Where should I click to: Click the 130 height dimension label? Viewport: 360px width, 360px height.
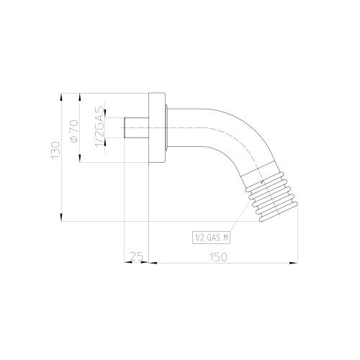click(x=55, y=150)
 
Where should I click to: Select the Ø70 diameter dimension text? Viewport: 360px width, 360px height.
click(x=73, y=131)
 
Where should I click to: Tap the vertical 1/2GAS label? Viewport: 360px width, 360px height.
click(x=100, y=127)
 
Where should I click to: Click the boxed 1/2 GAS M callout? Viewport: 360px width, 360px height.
click(x=211, y=238)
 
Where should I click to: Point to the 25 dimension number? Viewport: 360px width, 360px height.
click(x=136, y=256)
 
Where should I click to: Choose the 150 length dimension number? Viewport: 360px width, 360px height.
click(x=218, y=257)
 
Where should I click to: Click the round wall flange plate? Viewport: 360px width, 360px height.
click(x=157, y=127)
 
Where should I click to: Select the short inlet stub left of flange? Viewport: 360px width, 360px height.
click(x=136, y=127)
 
